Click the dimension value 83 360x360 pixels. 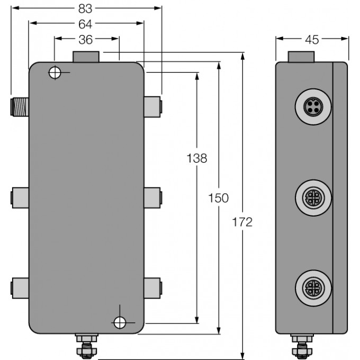[86, 8]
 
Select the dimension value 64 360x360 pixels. [86, 24]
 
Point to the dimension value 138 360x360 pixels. [196, 158]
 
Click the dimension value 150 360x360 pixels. [218, 198]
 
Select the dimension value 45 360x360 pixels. [312, 39]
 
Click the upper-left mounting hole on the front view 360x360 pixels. [55, 73]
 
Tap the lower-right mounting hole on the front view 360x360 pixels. [119, 321]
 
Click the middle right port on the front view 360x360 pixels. [152, 196]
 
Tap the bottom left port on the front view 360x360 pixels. [20, 287]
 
